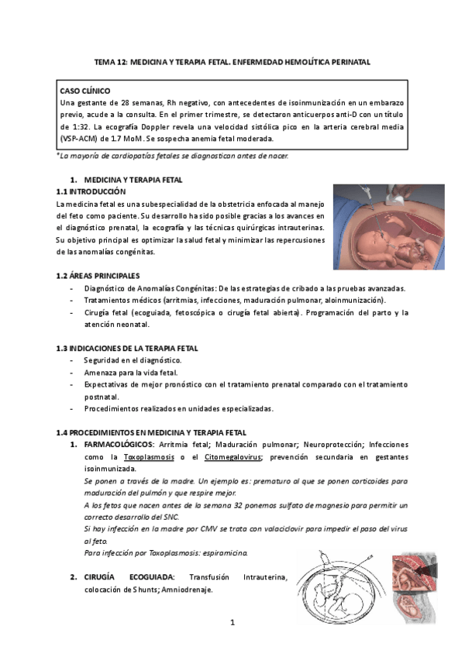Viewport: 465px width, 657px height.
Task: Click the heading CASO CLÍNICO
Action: click(x=85, y=91)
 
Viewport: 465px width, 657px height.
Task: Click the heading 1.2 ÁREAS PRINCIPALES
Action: click(x=98, y=275)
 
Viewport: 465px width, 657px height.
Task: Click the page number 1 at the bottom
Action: click(x=232, y=622)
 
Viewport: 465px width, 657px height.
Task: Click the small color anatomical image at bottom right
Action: click(x=416, y=586)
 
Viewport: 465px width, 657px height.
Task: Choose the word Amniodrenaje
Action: click(x=184, y=589)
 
